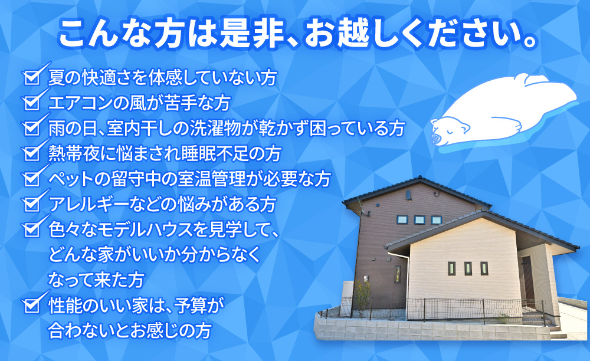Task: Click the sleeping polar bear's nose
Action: (437, 139)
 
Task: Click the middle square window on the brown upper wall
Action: (419, 219)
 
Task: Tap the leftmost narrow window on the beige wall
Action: (451, 268)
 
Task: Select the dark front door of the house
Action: (527, 278)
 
